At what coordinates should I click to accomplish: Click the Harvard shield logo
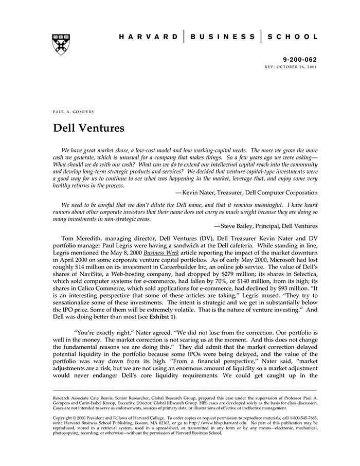click(x=61, y=44)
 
